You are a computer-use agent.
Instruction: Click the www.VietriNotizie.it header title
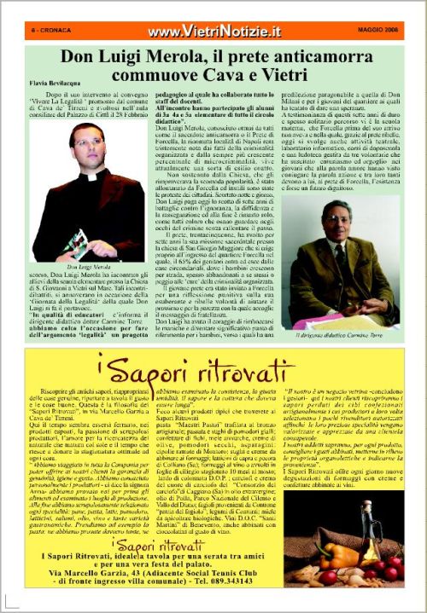213,32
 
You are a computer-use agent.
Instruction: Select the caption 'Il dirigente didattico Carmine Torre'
342,333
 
